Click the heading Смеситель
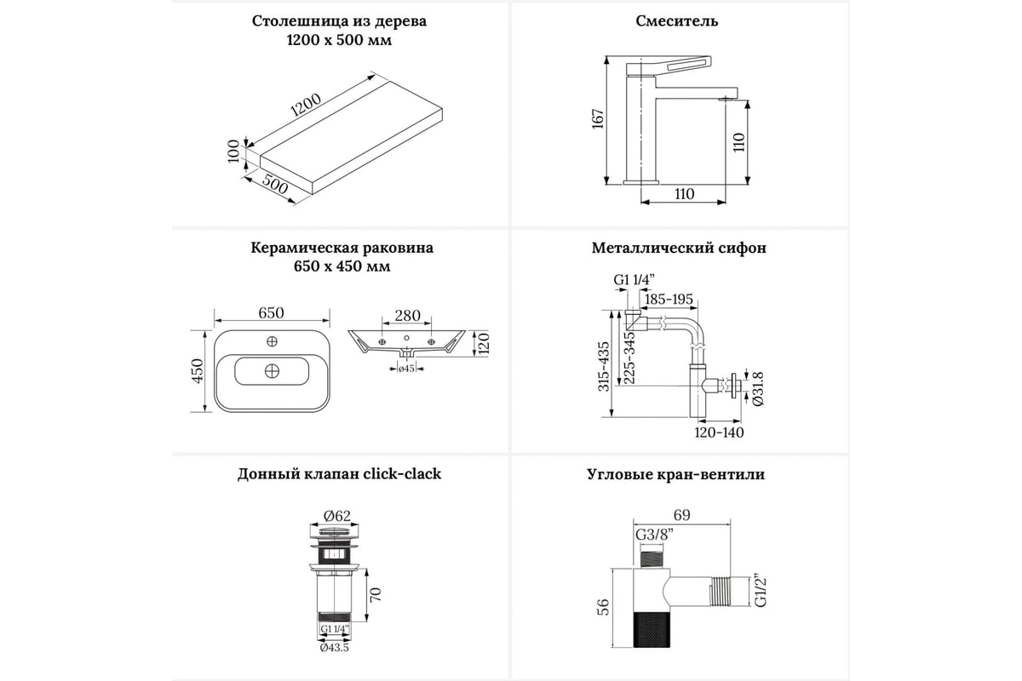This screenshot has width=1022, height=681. pyautogui.click(x=677, y=21)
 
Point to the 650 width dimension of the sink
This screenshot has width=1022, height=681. pyautogui.click(x=271, y=313)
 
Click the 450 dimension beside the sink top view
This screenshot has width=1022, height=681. pyautogui.click(x=197, y=372)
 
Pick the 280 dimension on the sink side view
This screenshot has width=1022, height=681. pyautogui.click(x=407, y=316)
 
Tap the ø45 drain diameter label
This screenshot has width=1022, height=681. pyautogui.click(x=406, y=369)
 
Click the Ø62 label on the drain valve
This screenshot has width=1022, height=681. pyautogui.click(x=338, y=514)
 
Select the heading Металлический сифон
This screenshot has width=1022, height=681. pyautogui.click(x=679, y=249)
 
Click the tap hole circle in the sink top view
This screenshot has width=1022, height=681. pyautogui.click(x=273, y=342)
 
